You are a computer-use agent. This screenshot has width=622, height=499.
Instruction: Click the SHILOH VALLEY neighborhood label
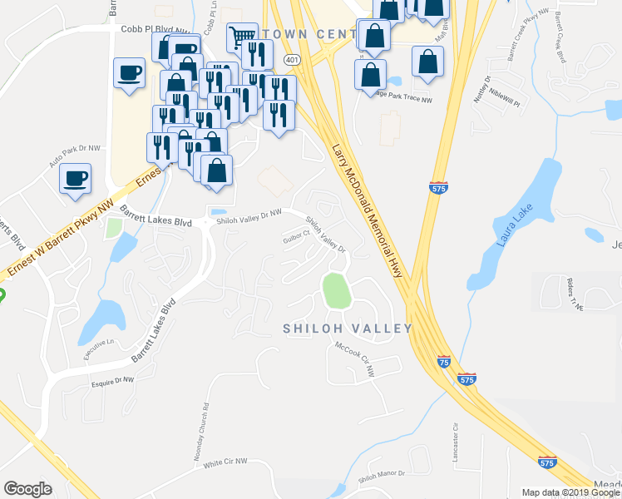[348, 329]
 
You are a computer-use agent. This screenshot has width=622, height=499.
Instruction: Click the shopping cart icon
[241, 36]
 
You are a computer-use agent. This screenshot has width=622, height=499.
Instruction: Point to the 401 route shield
[290, 61]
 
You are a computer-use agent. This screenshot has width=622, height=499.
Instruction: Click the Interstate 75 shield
[444, 362]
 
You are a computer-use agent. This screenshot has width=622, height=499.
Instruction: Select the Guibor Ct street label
[296, 235]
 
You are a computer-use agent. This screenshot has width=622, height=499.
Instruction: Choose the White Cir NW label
[225, 462]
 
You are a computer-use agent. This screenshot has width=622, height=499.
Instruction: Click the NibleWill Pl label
[504, 99]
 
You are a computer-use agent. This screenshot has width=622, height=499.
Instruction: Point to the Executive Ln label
[98, 348]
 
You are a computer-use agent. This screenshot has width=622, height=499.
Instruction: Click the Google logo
[27, 489]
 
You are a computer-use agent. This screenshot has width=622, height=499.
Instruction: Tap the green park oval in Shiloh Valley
[334, 289]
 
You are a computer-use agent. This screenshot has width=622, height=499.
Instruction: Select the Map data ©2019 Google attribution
[570, 492]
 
